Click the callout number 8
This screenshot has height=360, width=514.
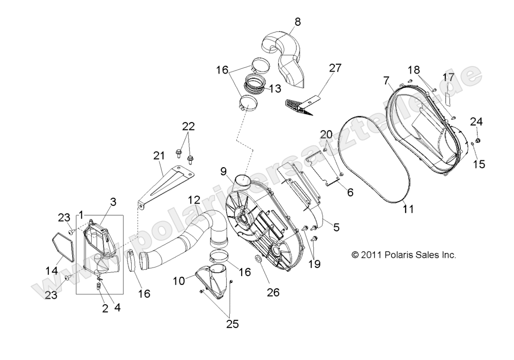pyautogui.click(x=297, y=21)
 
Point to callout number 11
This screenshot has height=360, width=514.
pyautogui.click(x=408, y=209)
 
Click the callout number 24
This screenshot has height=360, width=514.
pyautogui.click(x=476, y=121)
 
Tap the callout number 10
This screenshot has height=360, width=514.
pyautogui.click(x=178, y=281)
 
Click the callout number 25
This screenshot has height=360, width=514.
pyautogui.click(x=233, y=324)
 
